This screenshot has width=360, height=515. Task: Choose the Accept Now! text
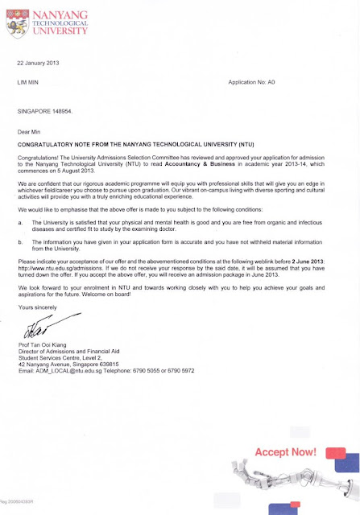pyautogui.click(x=286, y=452)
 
